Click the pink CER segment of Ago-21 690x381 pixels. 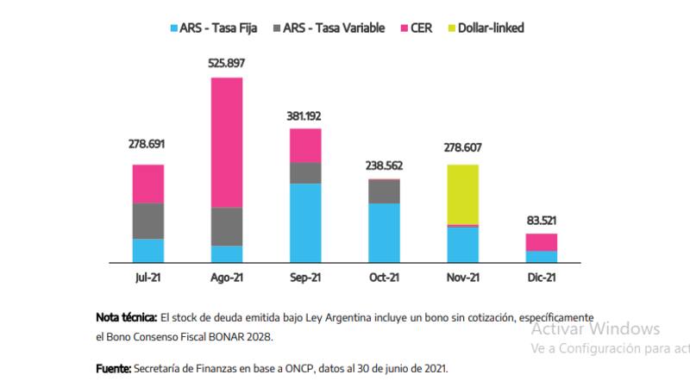point(227,142)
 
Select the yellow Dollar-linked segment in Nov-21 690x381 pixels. point(463,194)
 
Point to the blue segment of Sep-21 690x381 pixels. point(306,222)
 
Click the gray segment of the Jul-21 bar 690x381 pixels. point(148,221)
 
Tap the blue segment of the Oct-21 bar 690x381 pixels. point(385,233)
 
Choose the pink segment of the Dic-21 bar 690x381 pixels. point(542,241)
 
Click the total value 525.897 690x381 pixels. point(227,63)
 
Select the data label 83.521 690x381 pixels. point(542,220)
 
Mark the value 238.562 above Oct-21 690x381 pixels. point(385,166)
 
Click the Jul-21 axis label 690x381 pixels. point(148,278)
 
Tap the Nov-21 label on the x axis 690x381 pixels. point(463,278)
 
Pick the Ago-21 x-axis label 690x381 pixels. point(227,278)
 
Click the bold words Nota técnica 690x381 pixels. point(126,318)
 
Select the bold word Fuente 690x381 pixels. point(112,368)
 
